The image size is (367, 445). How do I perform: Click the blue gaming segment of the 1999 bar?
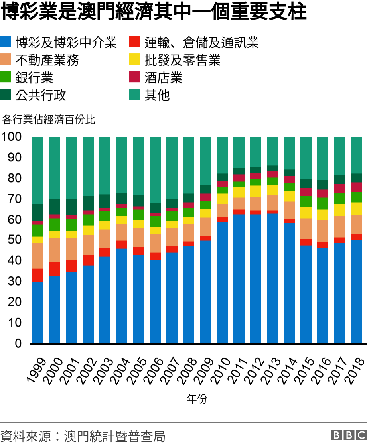point(38,313)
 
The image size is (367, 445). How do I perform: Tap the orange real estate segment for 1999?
point(38,256)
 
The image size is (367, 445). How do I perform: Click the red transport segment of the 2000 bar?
point(55,269)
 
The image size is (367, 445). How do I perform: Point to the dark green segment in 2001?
point(71,207)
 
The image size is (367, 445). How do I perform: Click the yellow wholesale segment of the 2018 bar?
point(356,209)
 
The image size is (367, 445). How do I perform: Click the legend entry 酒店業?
point(164,78)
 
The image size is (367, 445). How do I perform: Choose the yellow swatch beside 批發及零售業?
point(134,60)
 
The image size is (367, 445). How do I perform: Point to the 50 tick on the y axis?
point(14,240)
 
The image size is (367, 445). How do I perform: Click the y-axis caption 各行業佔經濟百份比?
point(49,119)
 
